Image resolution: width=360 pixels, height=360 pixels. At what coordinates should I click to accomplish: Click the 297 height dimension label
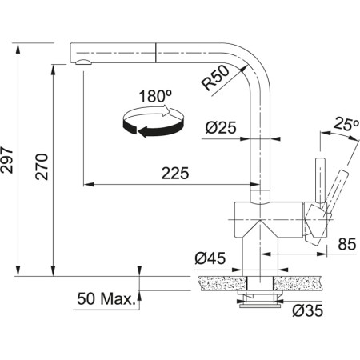coord(6,160)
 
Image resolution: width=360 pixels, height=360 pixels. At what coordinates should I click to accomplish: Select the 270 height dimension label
coord(42,166)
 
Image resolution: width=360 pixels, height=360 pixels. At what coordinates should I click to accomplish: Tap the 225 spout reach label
coord(175,174)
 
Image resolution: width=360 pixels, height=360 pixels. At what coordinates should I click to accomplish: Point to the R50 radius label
coord(215,78)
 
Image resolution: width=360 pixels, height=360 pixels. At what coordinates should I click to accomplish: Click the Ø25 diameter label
coord(221,127)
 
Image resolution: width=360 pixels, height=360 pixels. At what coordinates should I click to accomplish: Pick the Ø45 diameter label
coord(210,258)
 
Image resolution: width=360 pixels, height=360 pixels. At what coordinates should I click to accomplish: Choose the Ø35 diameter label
coord(307,310)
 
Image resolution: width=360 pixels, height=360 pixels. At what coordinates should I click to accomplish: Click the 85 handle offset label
coord(347,244)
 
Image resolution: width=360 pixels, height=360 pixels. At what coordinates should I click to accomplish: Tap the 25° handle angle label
coord(346,124)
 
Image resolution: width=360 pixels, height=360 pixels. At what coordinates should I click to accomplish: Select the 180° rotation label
coord(155,96)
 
